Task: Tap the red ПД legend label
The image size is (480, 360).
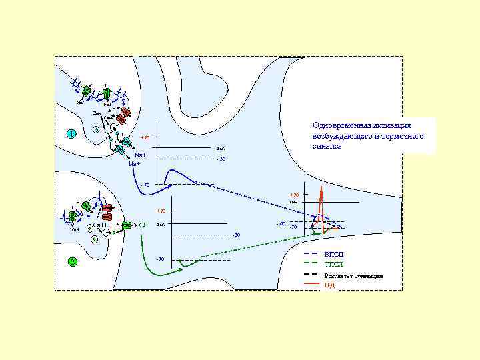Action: coord(329,285)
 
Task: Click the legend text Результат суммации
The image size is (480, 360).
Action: coord(353,275)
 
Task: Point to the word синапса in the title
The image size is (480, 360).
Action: coord(327,146)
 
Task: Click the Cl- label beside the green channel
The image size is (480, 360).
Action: coord(143,225)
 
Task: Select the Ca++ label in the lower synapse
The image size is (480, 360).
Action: coord(101,225)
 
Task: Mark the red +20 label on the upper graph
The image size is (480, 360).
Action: coord(144,138)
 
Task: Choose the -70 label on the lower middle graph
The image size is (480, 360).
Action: coord(160,259)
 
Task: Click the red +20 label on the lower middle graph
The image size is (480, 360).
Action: coord(161,211)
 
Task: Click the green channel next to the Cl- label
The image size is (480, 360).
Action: coord(127,226)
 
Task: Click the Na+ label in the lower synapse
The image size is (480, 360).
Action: coord(75,229)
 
